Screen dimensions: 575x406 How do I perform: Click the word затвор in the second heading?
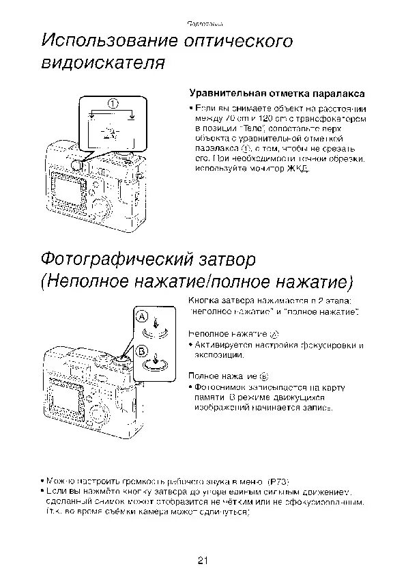(x=233, y=260)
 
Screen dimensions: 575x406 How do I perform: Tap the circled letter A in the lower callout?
(x=141, y=317)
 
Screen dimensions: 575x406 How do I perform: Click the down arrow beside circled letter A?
(x=157, y=322)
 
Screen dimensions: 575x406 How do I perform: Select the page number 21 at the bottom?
(x=203, y=560)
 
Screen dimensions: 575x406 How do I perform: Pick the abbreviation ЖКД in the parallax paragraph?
(x=297, y=168)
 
